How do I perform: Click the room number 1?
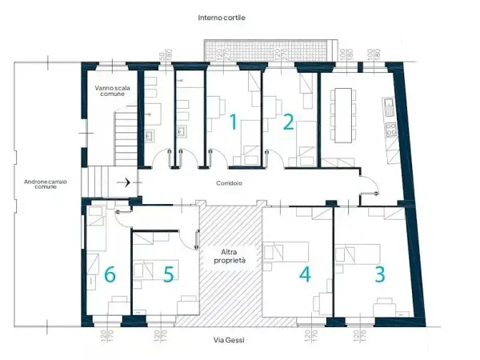point(233,122)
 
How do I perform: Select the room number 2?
point(288,122)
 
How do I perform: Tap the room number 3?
point(380,273)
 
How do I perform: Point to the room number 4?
point(305,274)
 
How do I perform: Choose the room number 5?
point(169,274)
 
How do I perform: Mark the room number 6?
point(110,274)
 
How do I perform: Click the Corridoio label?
point(230,183)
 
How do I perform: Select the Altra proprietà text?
point(230,256)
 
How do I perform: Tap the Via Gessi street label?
point(230,341)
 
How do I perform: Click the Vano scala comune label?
point(111,90)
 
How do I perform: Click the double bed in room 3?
point(357,256)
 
